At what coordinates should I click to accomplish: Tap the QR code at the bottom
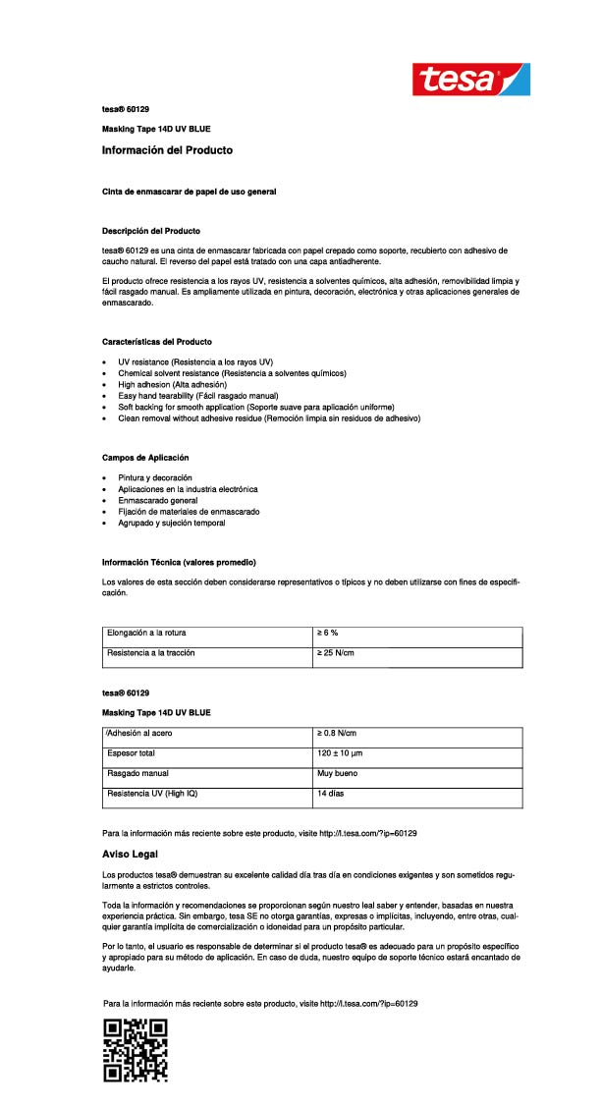click(x=136, y=1050)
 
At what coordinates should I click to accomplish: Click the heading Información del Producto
click(x=167, y=150)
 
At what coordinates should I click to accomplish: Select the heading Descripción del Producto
click(x=151, y=230)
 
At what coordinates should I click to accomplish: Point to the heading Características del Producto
click(x=157, y=341)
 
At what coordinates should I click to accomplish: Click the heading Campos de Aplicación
click(x=145, y=458)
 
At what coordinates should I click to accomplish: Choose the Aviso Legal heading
click(x=130, y=854)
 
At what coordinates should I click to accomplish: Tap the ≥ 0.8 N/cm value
click(x=337, y=734)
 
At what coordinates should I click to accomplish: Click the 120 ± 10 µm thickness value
click(x=342, y=753)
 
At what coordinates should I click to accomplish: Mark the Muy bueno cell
click(x=336, y=773)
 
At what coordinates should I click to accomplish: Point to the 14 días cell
click(x=330, y=793)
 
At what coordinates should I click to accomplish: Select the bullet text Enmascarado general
click(x=157, y=500)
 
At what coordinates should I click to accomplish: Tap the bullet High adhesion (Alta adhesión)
click(x=172, y=384)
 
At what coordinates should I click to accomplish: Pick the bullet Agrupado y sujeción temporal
click(x=172, y=523)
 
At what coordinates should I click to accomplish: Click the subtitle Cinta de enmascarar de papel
click(x=189, y=191)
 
